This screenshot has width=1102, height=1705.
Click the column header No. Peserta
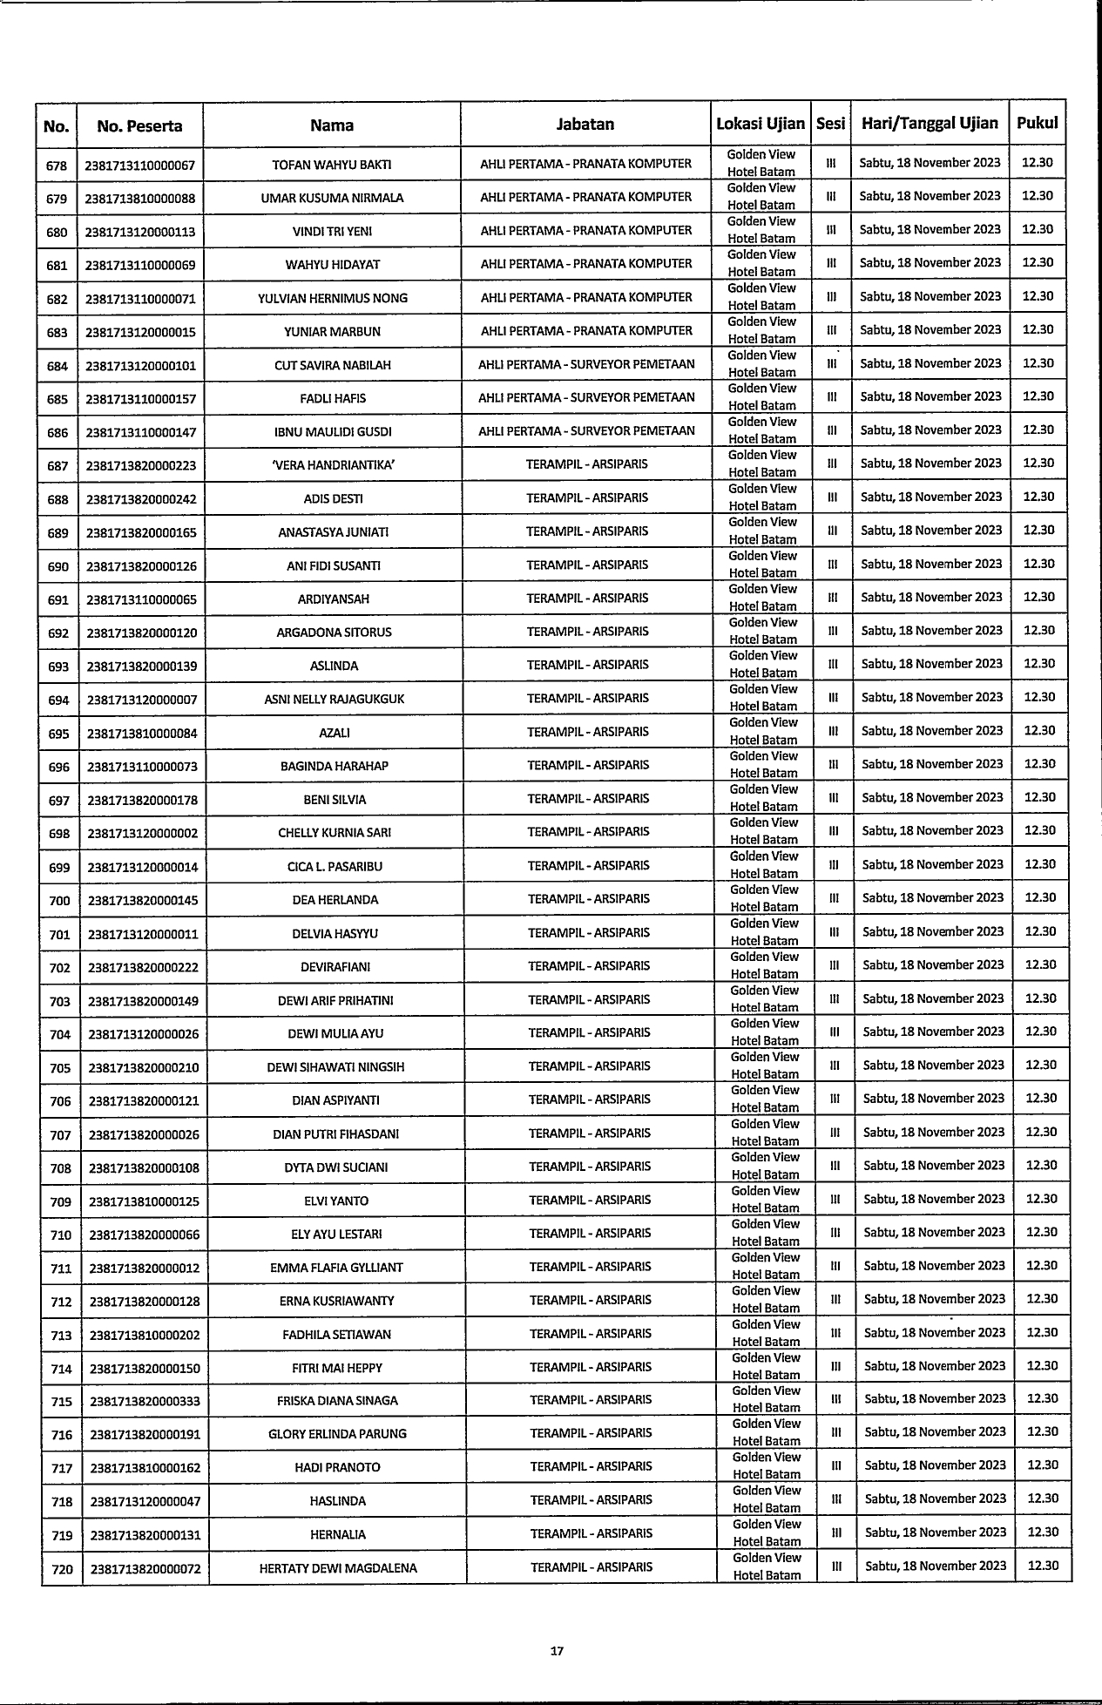click(139, 126)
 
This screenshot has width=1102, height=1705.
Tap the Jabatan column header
click(585, 125)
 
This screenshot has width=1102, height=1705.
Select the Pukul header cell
click(1037, 123)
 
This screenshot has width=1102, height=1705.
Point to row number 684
click(57, 366)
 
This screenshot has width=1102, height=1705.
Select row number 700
click(59, 900)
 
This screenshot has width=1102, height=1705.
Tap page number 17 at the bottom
click(558, 1650)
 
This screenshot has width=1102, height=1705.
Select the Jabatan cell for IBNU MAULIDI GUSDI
click(586, 430)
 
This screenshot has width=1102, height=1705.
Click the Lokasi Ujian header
click(761, 125)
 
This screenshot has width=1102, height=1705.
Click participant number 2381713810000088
click(140, 198)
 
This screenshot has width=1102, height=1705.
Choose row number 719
click(62, 1535)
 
